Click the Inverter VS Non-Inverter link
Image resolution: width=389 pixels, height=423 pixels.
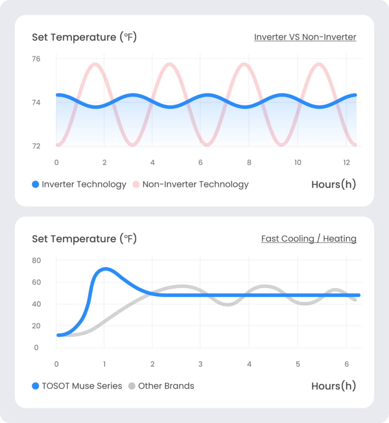305,37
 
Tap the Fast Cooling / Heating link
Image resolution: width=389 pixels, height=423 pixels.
309,239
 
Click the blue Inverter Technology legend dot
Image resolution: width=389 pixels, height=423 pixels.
35,184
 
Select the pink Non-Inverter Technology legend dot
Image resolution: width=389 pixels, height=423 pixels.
136,184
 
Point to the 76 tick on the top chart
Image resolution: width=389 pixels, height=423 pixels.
36,59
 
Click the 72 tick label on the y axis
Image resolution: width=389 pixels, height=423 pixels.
36,146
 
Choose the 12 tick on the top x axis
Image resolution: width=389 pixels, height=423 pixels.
347,162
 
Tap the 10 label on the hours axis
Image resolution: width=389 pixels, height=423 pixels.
298,162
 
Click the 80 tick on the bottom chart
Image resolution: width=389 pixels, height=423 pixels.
36,261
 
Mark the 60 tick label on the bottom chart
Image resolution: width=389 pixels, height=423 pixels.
36,282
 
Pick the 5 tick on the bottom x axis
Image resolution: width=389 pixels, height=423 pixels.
298,364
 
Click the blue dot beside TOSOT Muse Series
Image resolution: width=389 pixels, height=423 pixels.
35,386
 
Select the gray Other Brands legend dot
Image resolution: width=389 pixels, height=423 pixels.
132,386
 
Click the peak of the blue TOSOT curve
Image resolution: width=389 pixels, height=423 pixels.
105,269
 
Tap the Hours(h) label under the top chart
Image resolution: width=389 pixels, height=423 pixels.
334,184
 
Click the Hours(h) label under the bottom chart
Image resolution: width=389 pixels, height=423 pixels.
334,386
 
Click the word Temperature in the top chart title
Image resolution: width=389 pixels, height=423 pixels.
83,37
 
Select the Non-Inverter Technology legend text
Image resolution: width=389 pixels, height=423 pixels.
195,184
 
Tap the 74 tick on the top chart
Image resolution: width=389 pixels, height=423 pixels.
36,103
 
